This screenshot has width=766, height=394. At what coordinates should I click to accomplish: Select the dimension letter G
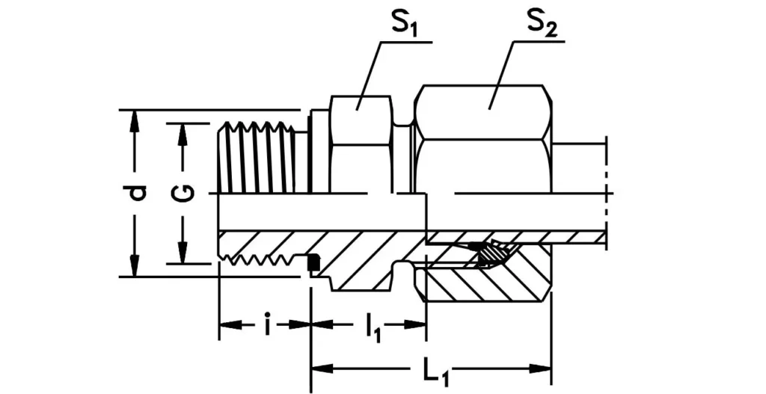(x=183, y=194)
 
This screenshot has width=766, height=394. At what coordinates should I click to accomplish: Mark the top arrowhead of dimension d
(x=135, y=120)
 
